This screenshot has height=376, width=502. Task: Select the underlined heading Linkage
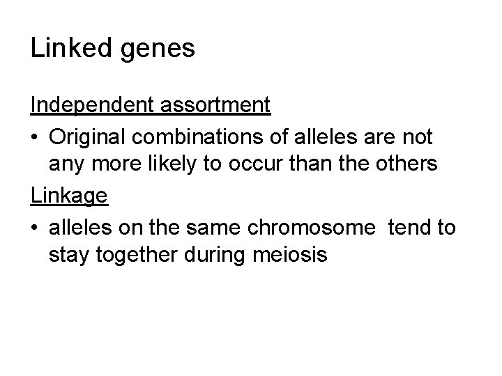pos(69,196)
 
